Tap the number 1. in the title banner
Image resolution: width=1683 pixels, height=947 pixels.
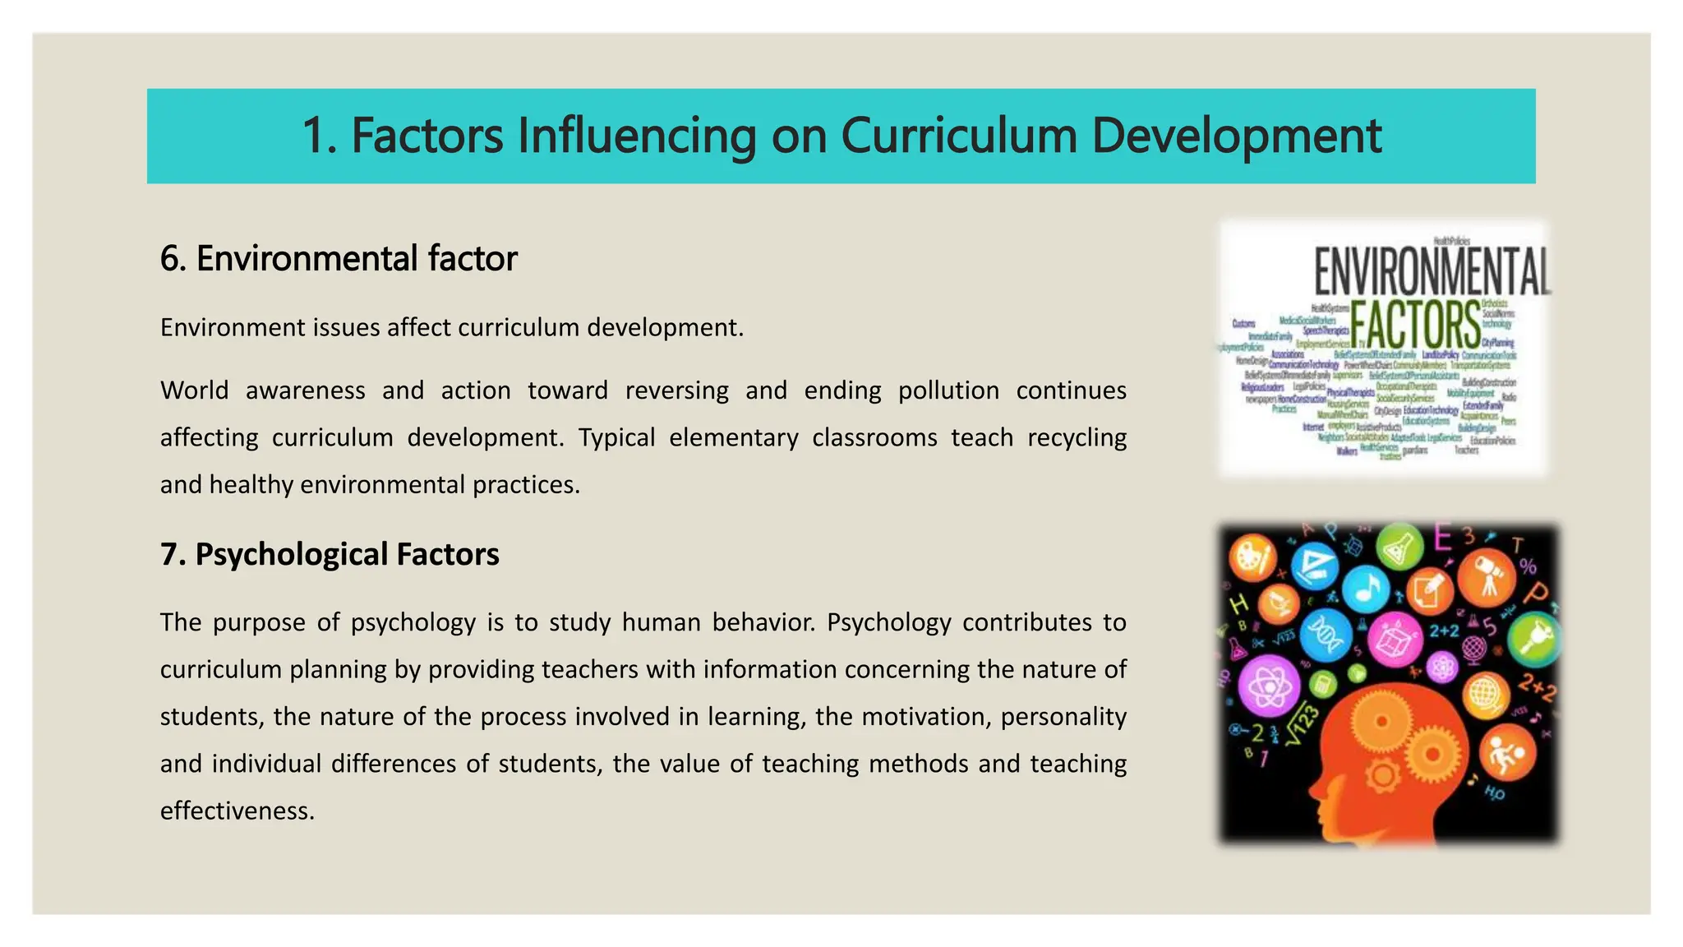pyautogui.click(x=320, y=136)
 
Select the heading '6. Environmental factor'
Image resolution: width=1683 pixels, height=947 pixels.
pyautogui.click(x=339, y=258)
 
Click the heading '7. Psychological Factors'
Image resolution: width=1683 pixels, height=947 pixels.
pyautogui.click(x=330, y=554)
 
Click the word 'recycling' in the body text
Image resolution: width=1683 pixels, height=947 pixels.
pyautogui.click(x=1077, y=437)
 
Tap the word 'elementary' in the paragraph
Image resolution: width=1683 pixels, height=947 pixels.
pyautogui.click(x=733, y=437)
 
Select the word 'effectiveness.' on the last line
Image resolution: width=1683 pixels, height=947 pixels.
pyautogui.click(x=237, y=811)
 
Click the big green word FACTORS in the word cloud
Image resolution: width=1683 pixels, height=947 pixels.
pyautogui.click(x=1415, y=325)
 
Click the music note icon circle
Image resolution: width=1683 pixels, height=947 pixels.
pyautogui.click(x=1367, y=589)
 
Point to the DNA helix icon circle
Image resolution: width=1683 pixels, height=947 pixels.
pyautogui.click(x=1326, y=635)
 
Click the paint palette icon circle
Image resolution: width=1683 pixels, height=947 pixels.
pyautogui.click(x=1252, y=558)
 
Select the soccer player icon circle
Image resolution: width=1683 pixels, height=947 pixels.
pyautogui.click(x=1507, y=753)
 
